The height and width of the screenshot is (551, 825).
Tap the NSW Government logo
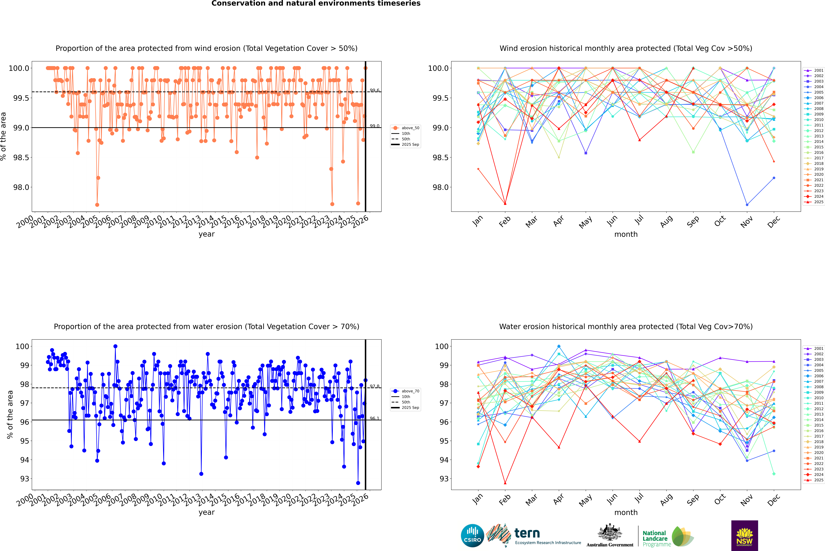click(744, 536)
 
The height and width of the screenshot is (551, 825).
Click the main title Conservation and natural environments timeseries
click(316, 3)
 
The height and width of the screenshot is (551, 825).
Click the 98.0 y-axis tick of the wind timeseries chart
click(21, 187)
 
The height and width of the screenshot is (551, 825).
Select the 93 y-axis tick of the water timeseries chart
click(25, 479)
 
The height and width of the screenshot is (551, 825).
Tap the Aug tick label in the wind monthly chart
click(666, 221)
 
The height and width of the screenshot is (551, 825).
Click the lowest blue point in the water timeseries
click(358, 483)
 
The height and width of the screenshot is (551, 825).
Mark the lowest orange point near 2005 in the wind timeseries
click(97, 205)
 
